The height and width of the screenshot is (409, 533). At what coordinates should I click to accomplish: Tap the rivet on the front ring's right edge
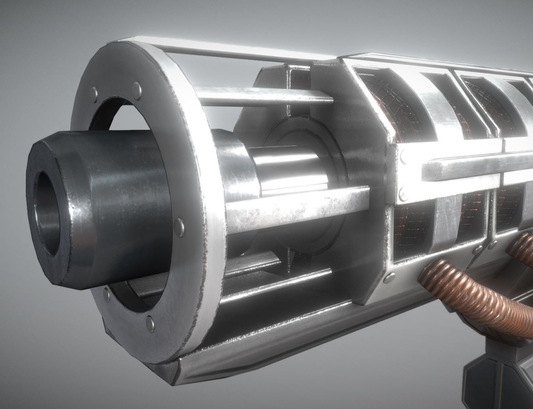[x=179, y=227]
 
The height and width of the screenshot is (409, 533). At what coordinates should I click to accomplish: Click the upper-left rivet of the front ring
[x=94, y=95]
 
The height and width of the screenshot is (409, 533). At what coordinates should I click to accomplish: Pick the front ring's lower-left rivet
[x=107, y=295]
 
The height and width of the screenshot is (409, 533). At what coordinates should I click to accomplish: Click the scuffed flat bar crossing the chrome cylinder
[x=297, y=206]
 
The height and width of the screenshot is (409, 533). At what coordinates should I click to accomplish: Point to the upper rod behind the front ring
[x=260, y=96]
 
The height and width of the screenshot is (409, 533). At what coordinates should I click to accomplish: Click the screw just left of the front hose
[x=389, y=277]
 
